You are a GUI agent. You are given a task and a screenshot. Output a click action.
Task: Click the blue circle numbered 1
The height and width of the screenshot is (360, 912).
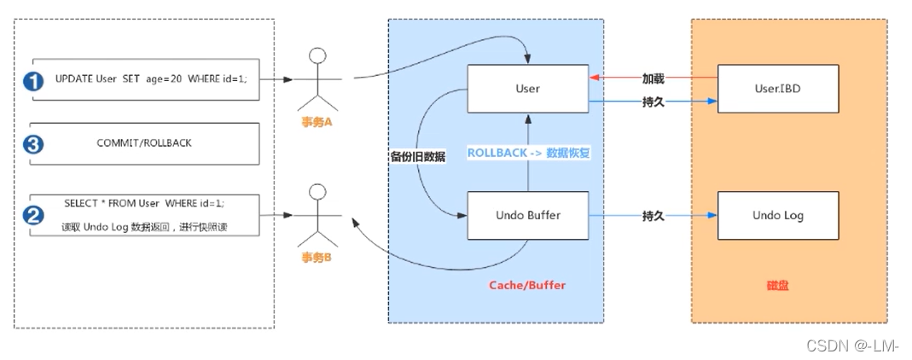tap(33, 82)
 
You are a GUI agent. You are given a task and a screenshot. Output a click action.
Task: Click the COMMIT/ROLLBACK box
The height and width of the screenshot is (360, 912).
tap(144, 143)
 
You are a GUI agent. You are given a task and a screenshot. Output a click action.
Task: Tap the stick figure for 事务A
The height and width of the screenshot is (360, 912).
tap(317, 81)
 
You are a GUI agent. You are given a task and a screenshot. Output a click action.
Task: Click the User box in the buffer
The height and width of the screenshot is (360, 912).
tap(528, 89)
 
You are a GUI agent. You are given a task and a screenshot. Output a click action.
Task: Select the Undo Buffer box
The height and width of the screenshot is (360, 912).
tap(528, 216)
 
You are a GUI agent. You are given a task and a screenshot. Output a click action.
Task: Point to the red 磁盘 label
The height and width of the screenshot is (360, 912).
tap(776, 285)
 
